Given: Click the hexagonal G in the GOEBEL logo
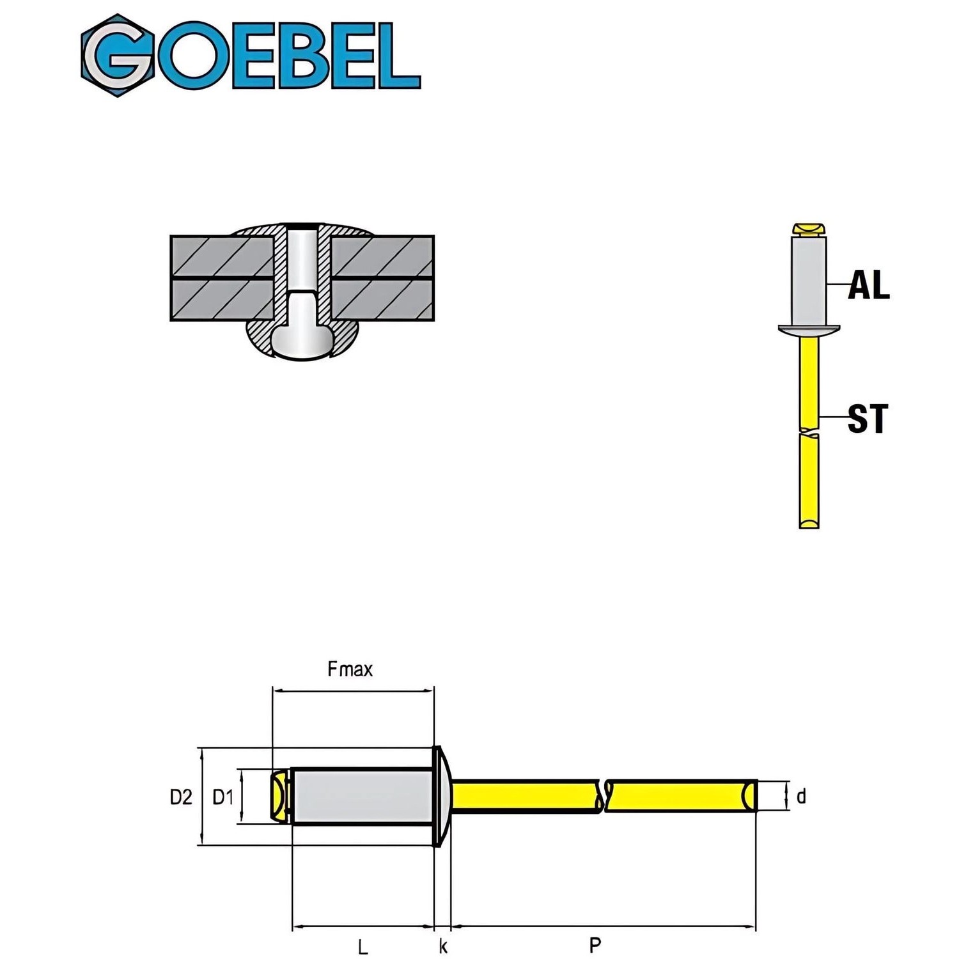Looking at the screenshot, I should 118,56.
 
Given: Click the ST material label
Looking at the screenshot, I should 868,419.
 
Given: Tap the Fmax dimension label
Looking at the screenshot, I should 350,669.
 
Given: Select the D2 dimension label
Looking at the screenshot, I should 181,797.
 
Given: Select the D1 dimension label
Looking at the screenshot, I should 223,797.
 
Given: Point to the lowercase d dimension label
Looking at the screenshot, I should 801,797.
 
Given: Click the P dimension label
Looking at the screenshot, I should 595,944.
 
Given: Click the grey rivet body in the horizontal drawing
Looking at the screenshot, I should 361,797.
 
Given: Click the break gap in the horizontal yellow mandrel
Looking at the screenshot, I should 603,797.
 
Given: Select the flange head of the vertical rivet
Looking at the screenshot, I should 809,329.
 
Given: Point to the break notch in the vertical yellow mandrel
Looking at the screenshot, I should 809,432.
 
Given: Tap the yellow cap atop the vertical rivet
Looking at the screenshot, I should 809,229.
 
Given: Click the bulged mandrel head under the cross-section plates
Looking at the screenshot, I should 300,342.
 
